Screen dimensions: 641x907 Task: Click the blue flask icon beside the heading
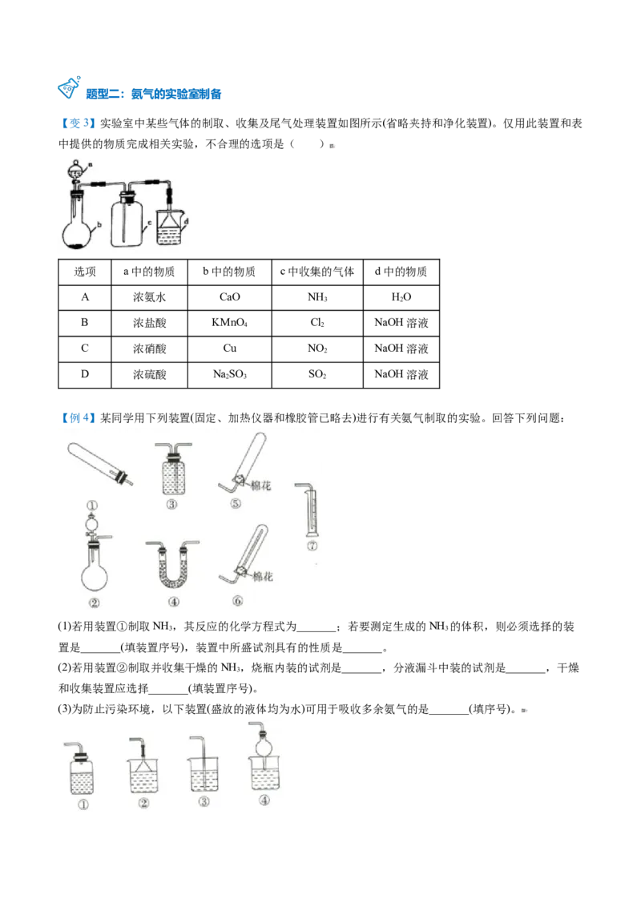(69, 87)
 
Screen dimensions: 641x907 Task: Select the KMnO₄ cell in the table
(230, 323)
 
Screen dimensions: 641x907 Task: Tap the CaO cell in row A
(230, 297)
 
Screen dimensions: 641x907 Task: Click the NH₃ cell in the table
(317, 297)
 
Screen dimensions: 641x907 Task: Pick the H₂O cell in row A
(401, 297)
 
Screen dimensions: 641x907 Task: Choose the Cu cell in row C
(230, 349)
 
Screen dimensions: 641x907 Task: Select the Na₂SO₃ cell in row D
(230, 374)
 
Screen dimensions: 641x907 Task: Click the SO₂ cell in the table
(317, 374)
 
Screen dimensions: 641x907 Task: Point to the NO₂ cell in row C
(317, 349)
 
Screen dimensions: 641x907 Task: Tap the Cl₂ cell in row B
(317, 323)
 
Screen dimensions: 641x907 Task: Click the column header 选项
(84, 272)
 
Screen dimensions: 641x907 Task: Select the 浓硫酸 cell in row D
(149, 374)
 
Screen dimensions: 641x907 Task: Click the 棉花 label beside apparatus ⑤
(260, 486)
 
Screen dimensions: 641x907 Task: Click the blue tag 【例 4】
(78, 417)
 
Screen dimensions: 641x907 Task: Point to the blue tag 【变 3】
(78, 123)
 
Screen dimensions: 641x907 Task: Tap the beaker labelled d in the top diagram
(170, 228)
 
